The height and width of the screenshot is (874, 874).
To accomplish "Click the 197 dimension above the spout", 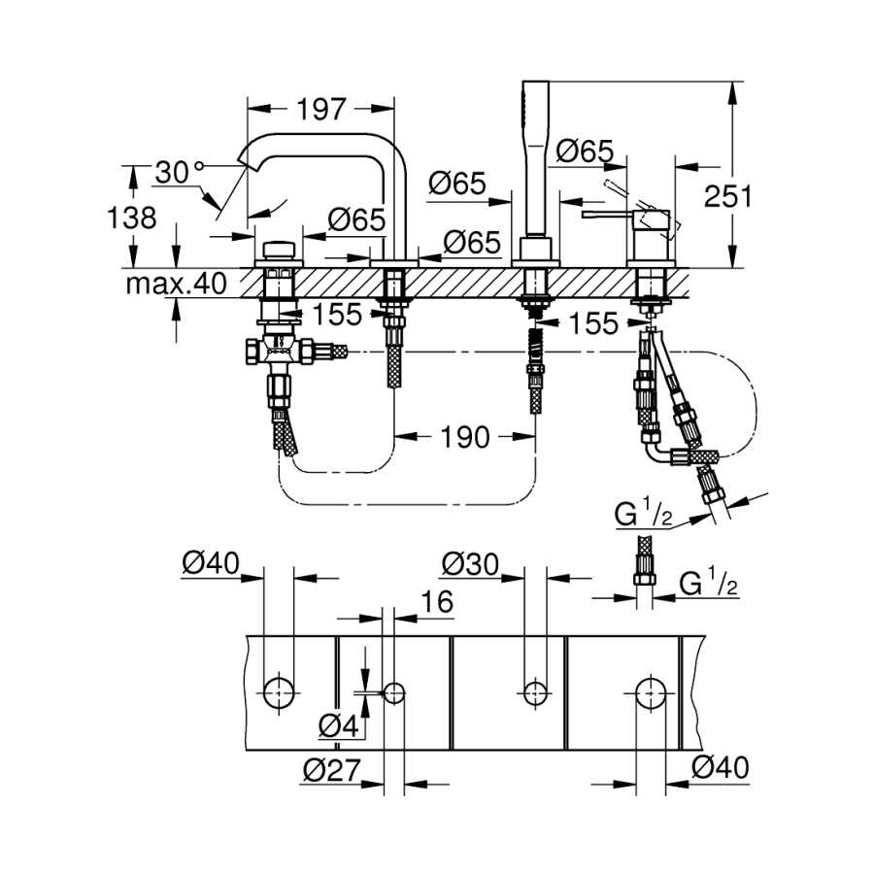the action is (321, 109).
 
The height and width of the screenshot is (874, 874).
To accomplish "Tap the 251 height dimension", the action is (727, 196).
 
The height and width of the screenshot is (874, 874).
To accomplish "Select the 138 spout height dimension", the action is (131, 218).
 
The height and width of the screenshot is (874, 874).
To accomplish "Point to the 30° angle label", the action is (180, 172).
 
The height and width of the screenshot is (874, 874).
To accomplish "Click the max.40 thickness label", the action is (176, 284).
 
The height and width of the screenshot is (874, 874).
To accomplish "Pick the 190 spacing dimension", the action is (465, 437).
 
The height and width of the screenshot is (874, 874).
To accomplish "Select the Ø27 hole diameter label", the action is (332, 770).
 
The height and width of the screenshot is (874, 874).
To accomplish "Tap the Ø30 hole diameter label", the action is (470, 564).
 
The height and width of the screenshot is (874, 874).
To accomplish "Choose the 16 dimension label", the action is (437, 602).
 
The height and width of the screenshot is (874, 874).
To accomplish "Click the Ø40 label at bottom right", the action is (721, 767).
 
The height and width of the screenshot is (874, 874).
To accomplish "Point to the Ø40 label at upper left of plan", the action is (211, 563).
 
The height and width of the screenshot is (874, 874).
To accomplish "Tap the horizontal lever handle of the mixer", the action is (608, 215).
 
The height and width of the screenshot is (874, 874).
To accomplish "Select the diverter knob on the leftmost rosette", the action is (279, 250).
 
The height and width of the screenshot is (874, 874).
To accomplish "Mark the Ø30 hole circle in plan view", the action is (535, 693).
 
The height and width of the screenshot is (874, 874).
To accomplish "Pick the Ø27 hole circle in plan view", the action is (394, 693).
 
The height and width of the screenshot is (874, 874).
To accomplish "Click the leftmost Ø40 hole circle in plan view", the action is (278, 693).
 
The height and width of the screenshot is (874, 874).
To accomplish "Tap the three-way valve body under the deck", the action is (279, 353).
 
